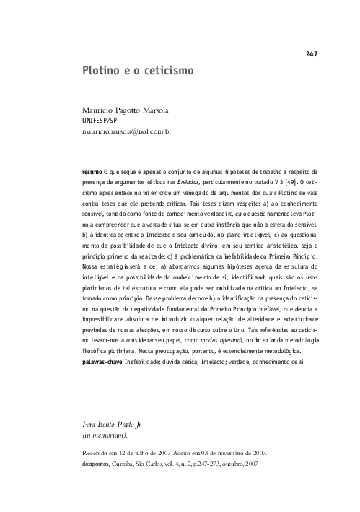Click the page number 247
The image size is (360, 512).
[312, 54]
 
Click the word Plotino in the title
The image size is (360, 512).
[102, 73]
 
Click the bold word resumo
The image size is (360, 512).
[92, 172]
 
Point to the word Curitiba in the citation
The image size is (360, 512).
[128, 462]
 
